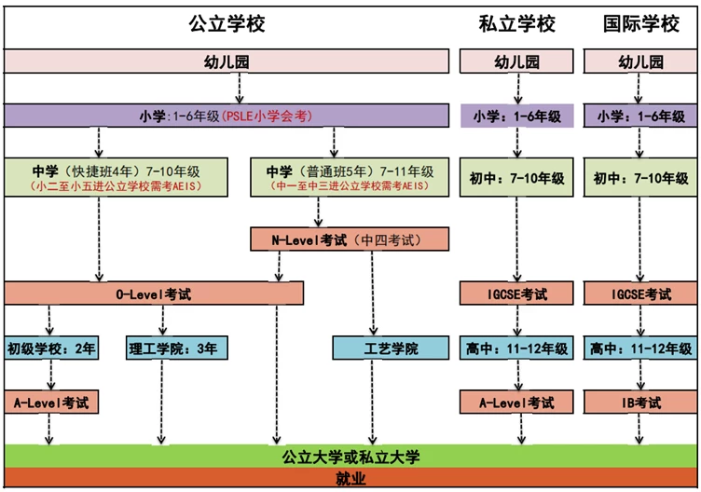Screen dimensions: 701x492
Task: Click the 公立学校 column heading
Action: pos(227,23)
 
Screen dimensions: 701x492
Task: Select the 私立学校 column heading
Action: pos(516,23)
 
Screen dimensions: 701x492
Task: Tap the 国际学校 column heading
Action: pos(641,23)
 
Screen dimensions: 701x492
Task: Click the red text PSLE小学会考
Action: pos(267,116)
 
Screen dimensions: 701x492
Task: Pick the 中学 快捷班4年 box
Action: pos(117,177)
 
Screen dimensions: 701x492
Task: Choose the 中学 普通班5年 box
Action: pos(350,177)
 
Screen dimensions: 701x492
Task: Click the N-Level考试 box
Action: pos(350,239)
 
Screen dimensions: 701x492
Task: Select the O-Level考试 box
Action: pos(154,294)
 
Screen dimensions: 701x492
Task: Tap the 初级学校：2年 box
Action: pos(51,348)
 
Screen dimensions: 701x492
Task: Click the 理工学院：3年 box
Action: pos(176,348)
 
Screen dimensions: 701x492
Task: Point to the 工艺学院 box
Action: pos(391,348)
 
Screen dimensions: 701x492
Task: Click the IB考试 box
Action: pos(640,403)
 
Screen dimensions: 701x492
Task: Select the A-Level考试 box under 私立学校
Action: pos(516,403)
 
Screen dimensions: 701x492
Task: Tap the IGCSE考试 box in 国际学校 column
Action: pos(640,294)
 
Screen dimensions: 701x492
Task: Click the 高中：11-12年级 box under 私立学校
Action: pos(516,348)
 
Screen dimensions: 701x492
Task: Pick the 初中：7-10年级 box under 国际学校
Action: pos(640,177)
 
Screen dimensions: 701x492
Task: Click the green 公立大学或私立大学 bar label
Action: pos(350,457)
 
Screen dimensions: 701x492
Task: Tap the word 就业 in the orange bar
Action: pos(350,478)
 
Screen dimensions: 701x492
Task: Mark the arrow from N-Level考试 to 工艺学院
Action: pos(373,294)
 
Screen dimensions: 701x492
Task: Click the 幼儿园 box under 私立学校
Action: pos(516,61)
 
